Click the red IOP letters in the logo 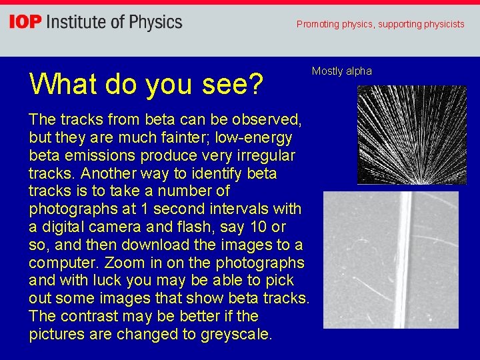(x=25, y=23)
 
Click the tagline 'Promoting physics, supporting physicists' (x=380, y=24)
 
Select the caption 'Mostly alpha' (x=341, y=71)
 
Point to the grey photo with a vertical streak (x=391, y=259)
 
